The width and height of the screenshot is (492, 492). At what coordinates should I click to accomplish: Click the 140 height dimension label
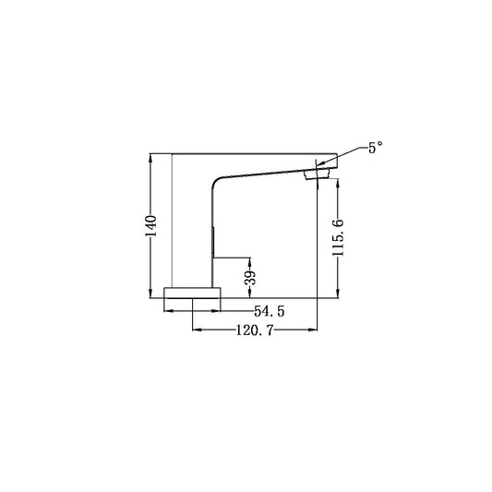click(151, 226)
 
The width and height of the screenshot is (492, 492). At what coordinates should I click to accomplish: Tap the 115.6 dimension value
click(338, 237)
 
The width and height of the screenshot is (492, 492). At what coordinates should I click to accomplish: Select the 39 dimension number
click(250, 277)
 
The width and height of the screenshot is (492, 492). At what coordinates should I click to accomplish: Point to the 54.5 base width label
click(269, 311)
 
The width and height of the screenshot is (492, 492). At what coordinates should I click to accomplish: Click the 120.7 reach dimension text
click(255, 330)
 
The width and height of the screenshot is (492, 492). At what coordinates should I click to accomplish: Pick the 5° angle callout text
click(376, 147)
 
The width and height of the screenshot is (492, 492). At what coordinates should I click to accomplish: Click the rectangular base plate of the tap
click(192, 293)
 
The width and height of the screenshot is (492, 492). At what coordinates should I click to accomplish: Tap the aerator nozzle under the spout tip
click(317, 174)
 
